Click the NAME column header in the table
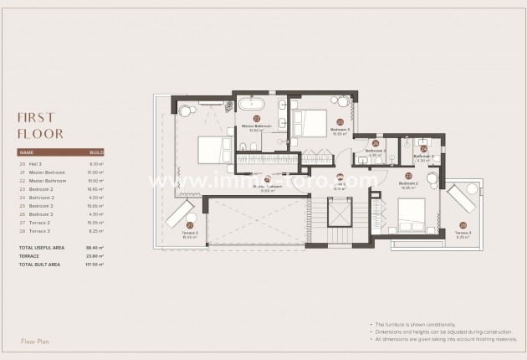26,153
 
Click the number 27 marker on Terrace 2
190,225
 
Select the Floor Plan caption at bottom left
37,342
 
